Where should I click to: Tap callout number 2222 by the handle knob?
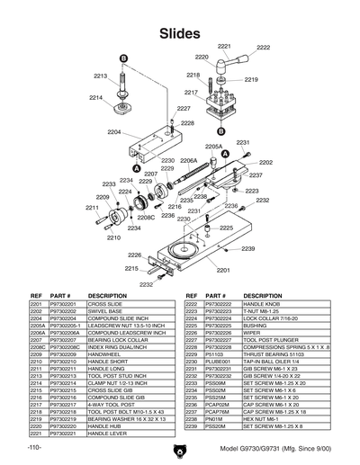click(263, 48)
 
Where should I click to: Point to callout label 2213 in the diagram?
click(101, 76)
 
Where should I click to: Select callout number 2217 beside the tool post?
click(191, 93)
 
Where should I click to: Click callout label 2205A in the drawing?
click(213, 146)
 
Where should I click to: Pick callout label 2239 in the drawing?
click(248, 247)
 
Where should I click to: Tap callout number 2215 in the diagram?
click(131, 268)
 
